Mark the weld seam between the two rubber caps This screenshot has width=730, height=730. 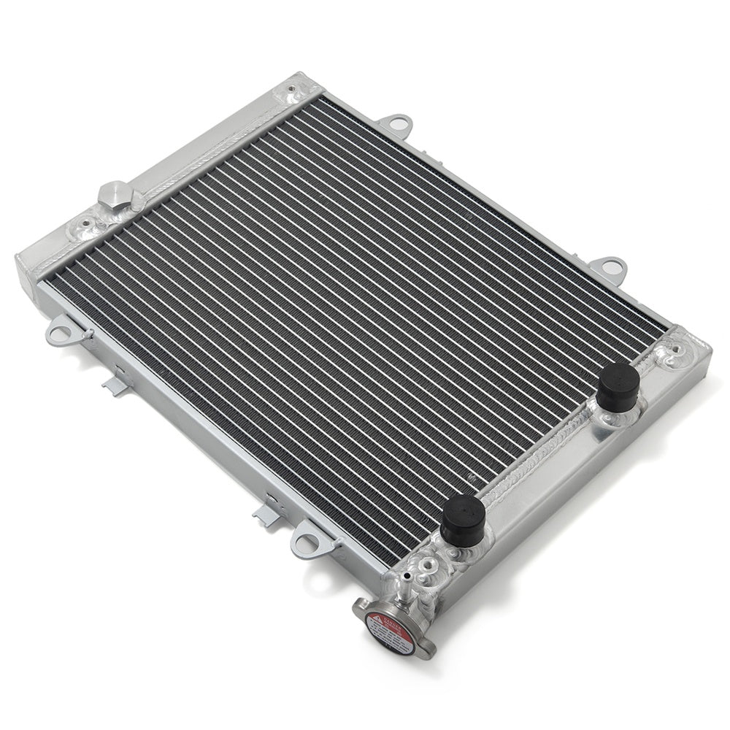[540, 456]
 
